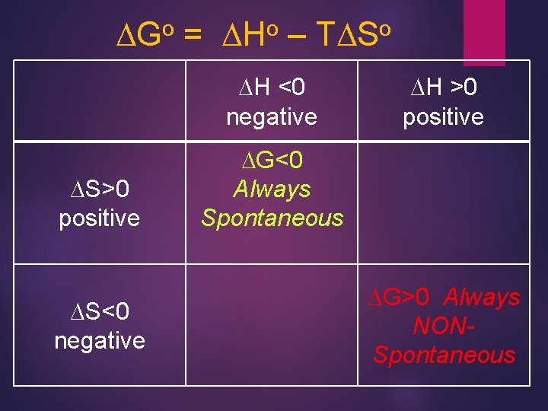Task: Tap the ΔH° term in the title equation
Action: click(x=249, y=33)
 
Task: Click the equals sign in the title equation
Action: click(x=193, y=34)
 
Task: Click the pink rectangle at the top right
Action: click(x=484, y=30)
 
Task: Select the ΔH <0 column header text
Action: click(x=272, y=88)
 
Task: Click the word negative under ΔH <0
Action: click(x=272, y=116)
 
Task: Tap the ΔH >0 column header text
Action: click(x=443, y=88)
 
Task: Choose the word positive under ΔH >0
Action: click(x=443, y=116)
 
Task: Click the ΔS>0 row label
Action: click(x=99, y=190)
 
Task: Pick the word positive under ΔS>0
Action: click(x=99, y=218)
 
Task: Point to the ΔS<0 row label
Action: click(x=99, y=311)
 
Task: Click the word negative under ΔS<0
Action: click(x=99, y=339)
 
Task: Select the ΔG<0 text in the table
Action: click(x=272, y=160)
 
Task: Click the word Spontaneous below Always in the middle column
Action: click(x=272, y=218)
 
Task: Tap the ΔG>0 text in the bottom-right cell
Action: click(x=402, y=296)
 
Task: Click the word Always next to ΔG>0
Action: click(x=483, y=296)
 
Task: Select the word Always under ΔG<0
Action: click(x=272, y=189)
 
